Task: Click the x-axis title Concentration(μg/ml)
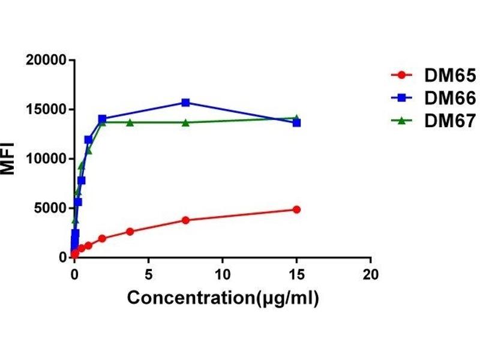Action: [223, 298]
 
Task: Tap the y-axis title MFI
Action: [8, 158]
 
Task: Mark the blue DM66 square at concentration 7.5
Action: [185, 103]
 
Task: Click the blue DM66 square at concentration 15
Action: [296, 122]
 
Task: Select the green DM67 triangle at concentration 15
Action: [296, 118]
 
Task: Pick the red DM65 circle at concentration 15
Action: [296, 209]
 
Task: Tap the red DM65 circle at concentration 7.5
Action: [185, 220]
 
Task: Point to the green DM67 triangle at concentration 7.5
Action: [185, 122]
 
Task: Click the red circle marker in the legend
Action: [401, 76]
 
